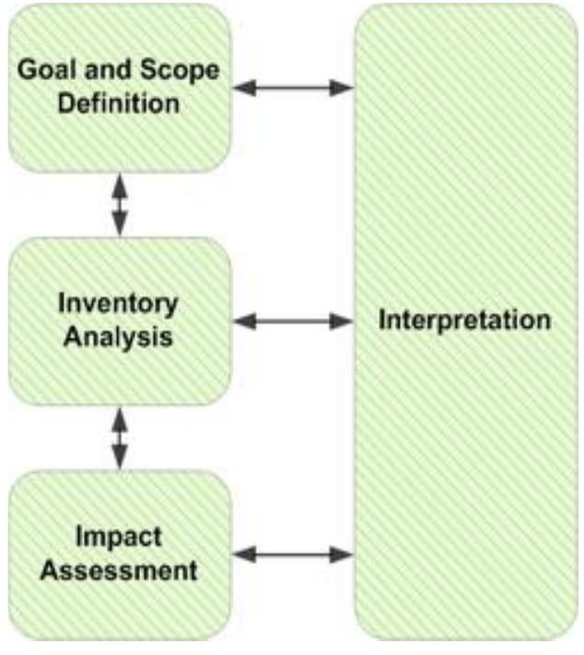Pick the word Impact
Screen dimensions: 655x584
(119, 537)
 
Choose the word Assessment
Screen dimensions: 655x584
(119, 569)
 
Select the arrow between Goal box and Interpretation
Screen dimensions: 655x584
(293, 88)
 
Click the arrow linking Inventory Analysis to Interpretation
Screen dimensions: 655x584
(293, 322)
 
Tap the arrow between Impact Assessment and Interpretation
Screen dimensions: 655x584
(293, 556)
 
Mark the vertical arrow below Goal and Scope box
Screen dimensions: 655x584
(119, 205)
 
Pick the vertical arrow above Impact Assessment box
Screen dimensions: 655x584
(119, 439)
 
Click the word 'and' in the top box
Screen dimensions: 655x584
(115, 70)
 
